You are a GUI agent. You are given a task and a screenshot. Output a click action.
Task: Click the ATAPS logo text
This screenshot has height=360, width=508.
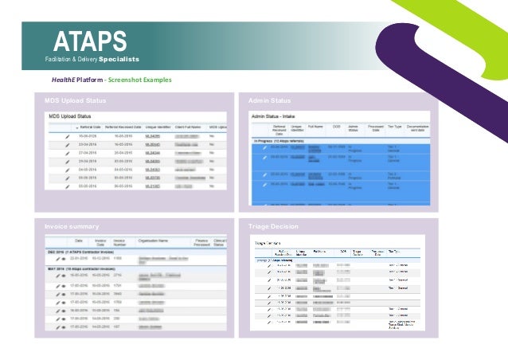(90, 40)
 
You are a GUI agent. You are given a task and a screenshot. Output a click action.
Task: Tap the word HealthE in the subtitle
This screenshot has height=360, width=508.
(66, 80)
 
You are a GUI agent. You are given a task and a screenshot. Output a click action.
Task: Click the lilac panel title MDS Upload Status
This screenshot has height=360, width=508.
(76, 101)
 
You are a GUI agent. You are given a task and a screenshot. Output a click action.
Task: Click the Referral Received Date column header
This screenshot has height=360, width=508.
(122, 127)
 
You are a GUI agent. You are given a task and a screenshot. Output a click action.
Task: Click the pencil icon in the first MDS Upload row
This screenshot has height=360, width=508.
(68, 137)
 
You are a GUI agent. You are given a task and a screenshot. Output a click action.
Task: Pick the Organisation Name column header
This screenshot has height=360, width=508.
(156, 241)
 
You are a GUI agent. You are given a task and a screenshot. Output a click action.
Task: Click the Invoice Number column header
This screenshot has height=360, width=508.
(120, 241)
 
